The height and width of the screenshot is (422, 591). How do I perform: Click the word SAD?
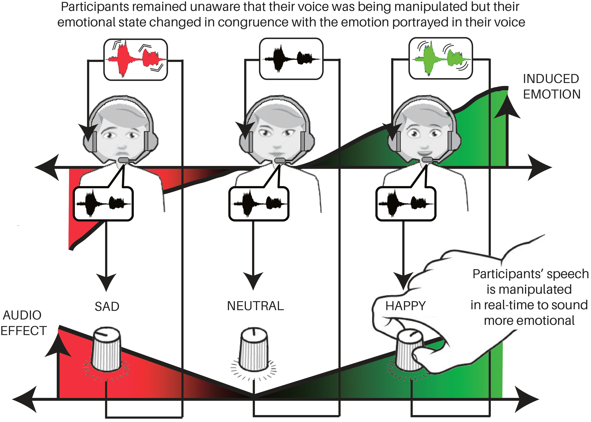point(107,307)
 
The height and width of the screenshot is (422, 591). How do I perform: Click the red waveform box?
point(135,59)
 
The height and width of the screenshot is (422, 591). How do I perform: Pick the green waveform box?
point(441,58)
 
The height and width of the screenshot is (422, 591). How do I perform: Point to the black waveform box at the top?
point(291,59)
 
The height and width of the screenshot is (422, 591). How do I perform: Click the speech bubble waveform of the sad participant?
point(103,204)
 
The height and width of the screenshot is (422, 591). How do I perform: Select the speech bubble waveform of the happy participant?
point(406,204)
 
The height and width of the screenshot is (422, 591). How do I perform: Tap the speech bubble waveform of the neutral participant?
point(259,204)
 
